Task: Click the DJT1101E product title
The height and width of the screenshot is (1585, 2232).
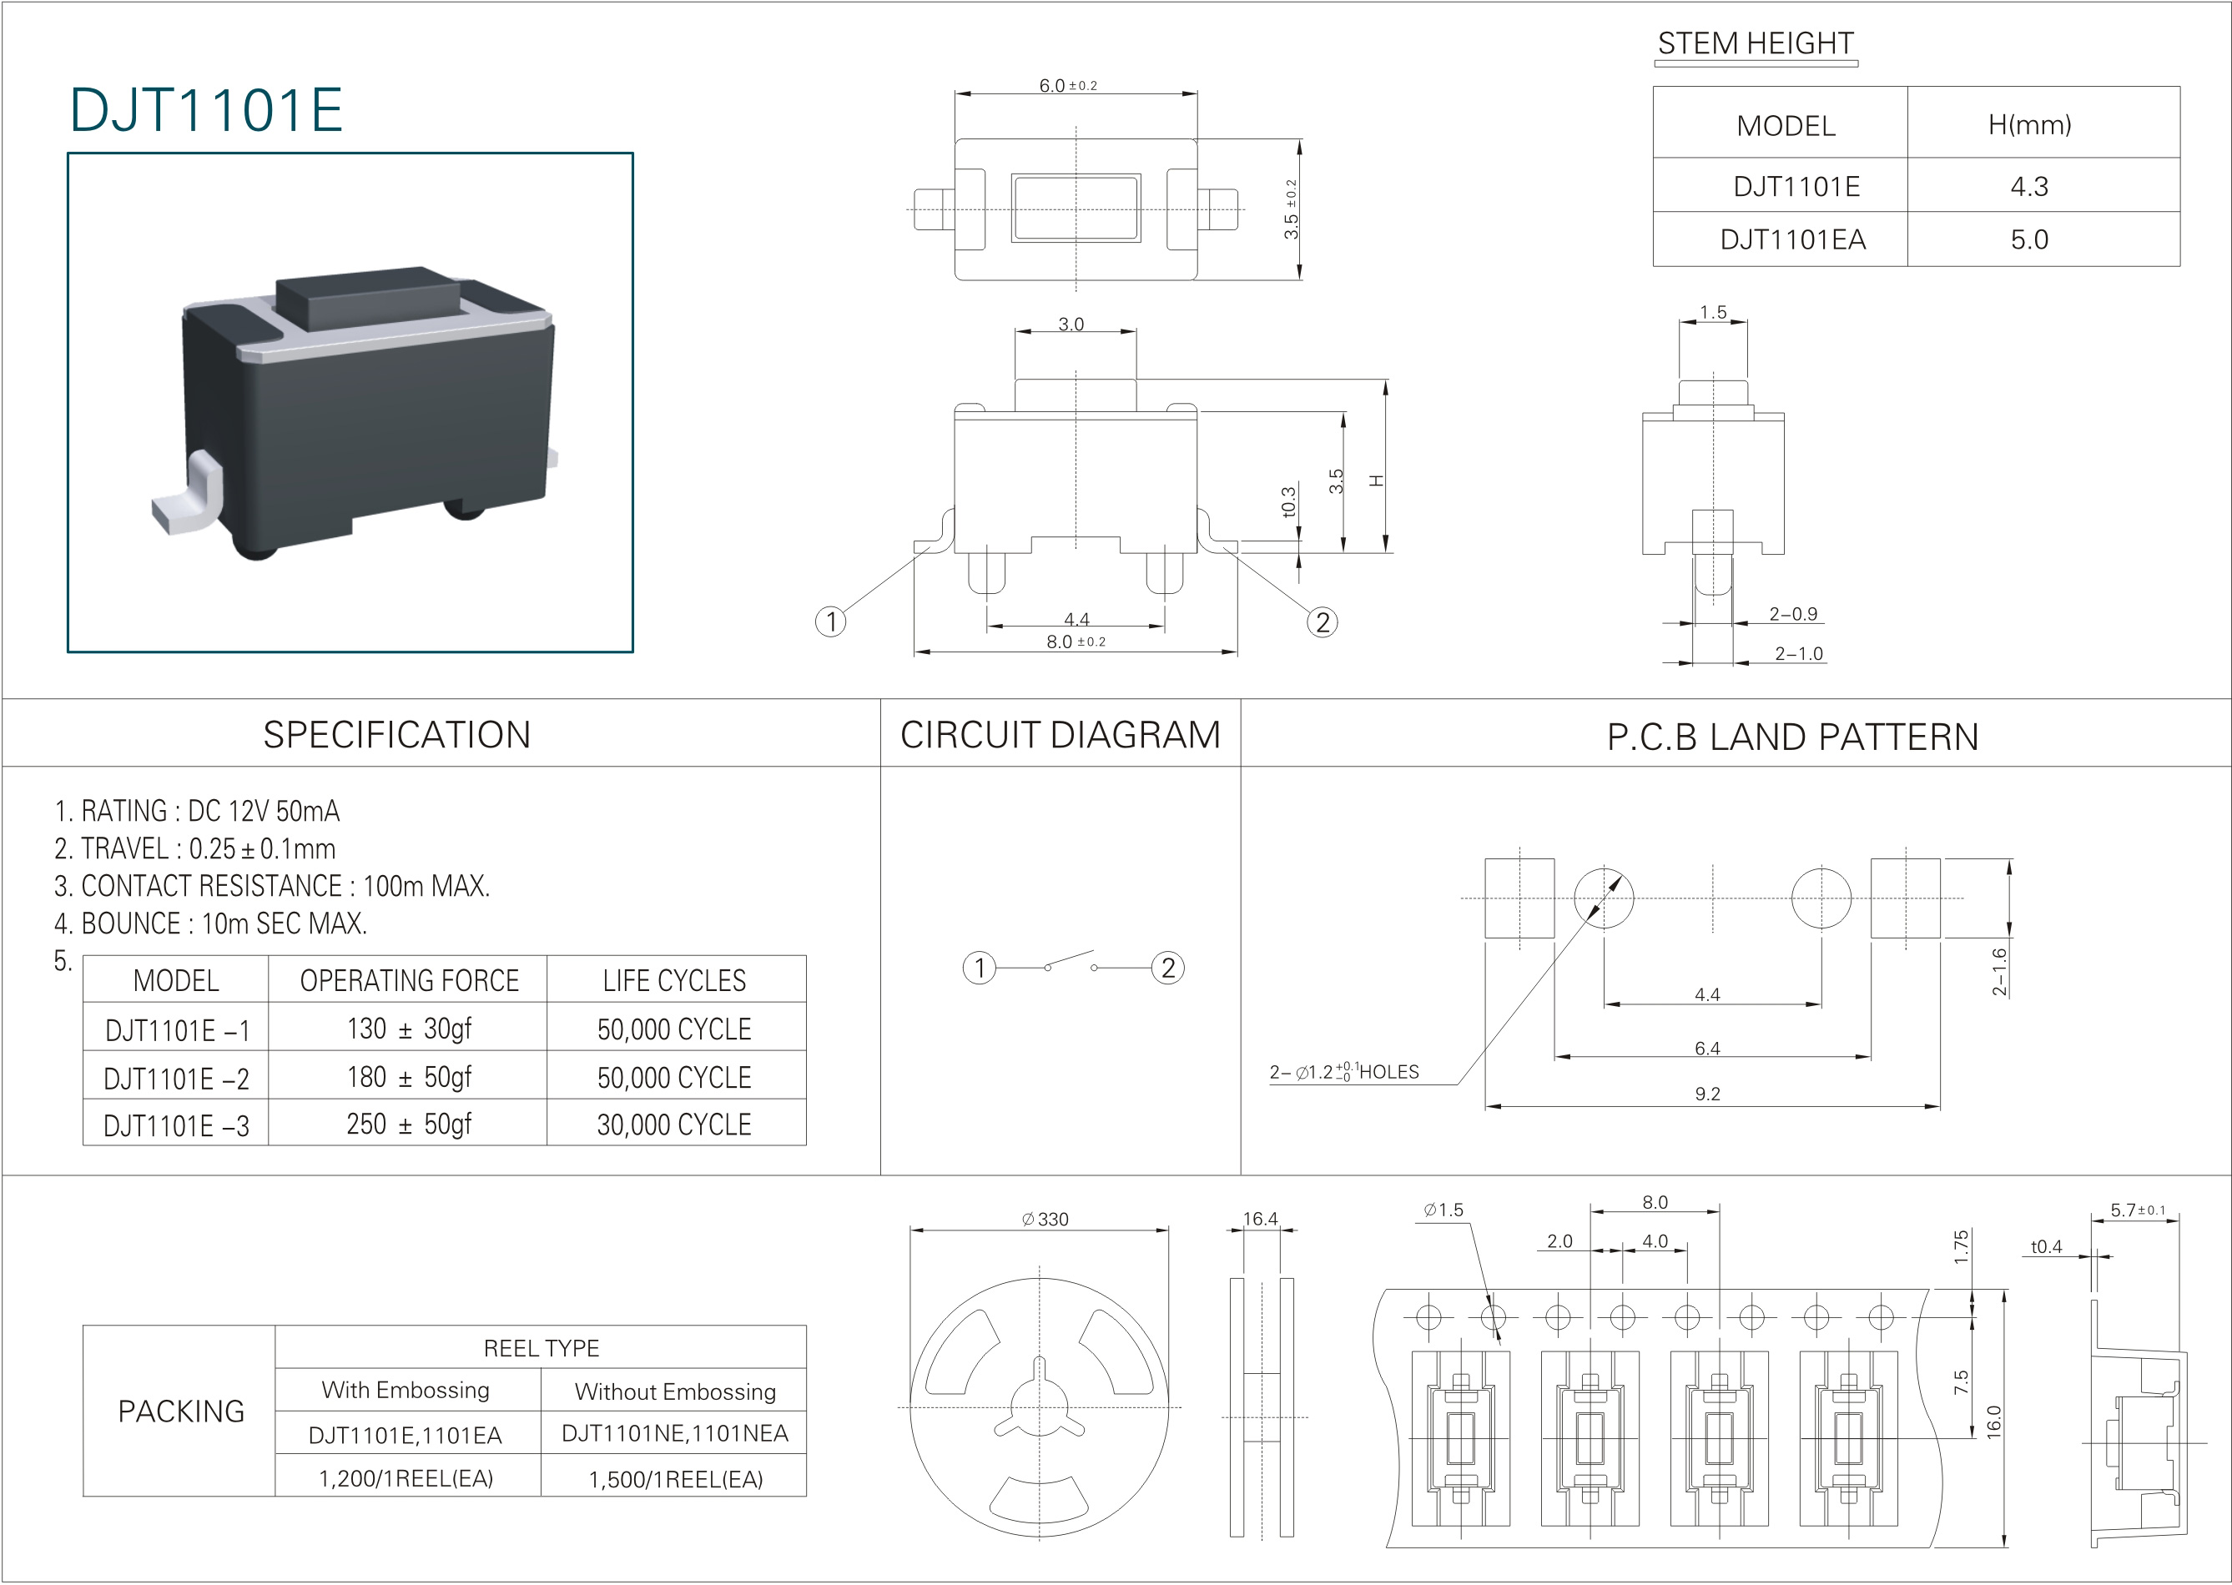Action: point(206,109)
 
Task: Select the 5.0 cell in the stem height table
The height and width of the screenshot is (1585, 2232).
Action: point(2028,240)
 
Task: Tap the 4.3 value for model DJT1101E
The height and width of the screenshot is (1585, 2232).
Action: point(2028,186)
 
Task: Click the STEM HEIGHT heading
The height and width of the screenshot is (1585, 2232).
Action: point(1755,44)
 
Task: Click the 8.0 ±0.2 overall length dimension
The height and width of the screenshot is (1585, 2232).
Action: point(1075,642)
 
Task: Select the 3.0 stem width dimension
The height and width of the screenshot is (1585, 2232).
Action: point(1071,324)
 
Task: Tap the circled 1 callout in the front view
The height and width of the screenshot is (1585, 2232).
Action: point(830,621)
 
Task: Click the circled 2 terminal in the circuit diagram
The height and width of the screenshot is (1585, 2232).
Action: point(1167,969)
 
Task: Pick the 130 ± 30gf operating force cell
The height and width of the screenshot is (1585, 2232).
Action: point(409,1029)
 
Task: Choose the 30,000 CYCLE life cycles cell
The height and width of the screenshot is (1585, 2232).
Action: point(674,1125)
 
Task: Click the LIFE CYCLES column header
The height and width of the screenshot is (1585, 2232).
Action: point(674,981)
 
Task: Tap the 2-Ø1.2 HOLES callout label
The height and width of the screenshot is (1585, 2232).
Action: point(1344,1072)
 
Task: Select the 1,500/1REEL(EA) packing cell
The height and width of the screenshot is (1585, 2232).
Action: point(675,1478)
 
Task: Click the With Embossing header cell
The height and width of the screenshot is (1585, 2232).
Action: point(406,1390)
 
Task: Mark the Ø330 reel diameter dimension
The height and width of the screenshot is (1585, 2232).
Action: point(1045,1219)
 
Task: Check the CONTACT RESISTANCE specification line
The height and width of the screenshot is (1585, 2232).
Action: point(271,886)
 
